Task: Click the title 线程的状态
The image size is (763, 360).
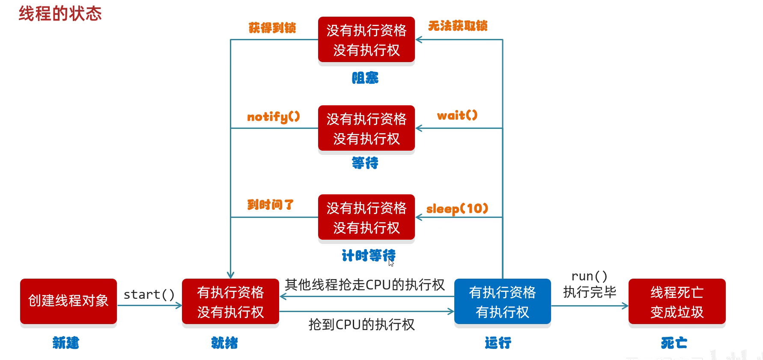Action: tap(60, 14)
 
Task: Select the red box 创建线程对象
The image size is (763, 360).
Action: tap(69, 301)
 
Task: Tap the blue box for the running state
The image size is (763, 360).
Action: tap(502, 302)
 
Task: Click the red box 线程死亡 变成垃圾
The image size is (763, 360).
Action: tap(677, 302)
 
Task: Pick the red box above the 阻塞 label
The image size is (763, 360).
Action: tap(366, 40)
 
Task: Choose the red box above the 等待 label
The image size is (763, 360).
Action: tap(366, 128)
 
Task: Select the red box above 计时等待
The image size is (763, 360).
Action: tap(366, 217)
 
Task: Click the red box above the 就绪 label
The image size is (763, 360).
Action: tap(230, 302)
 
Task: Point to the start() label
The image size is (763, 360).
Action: tap(149, 295)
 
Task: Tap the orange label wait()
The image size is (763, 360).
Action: tap(457, 115)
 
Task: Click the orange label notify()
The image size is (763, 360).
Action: tap(273, 116)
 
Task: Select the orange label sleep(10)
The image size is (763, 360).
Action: tap(457, 208)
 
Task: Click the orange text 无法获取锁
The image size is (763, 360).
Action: tap(457, 26)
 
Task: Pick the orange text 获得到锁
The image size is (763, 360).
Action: tap(272, 28)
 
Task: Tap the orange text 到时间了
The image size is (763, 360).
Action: tap(270, 205)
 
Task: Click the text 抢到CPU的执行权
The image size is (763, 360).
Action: tap(361, 324)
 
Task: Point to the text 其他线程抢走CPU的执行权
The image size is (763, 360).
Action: tap(364, 285)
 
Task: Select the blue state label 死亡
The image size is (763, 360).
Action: tap(674, 342)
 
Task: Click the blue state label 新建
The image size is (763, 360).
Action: tap(66, 342)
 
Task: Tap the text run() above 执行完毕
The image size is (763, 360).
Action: tap(589, 277)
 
